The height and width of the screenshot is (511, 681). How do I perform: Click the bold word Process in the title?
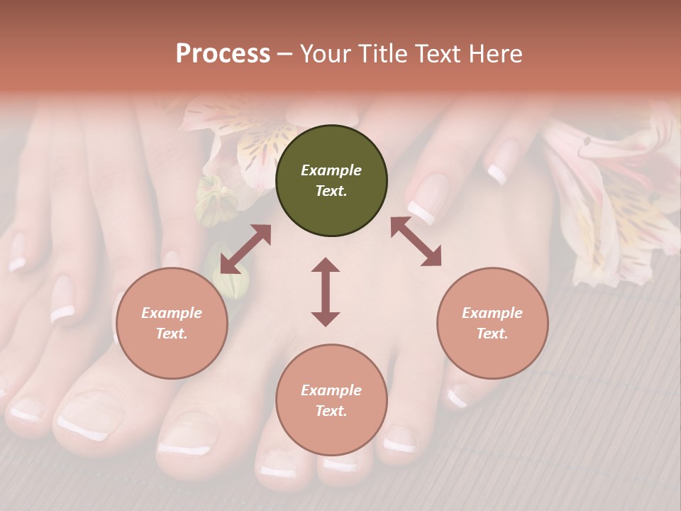[x=223, y=54]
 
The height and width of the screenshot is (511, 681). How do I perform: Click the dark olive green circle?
[x=331, y=181]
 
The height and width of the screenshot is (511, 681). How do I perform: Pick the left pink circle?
[x=172, y=323]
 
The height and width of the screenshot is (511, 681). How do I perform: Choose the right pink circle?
[x=492, y=323]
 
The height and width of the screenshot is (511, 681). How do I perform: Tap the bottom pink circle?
[x=331, y=400]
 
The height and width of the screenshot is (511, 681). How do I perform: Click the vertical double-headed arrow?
[x=326, y=292]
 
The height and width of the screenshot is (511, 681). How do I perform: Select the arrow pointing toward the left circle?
[x=245, y=249]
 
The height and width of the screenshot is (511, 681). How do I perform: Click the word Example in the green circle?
[x=331, y=170]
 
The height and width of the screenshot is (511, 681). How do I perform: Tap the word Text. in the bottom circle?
[x=331, y=411]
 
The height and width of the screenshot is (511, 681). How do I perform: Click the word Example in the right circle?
[x=492, y=313]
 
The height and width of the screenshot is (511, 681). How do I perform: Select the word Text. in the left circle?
[x=172, y=334]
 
